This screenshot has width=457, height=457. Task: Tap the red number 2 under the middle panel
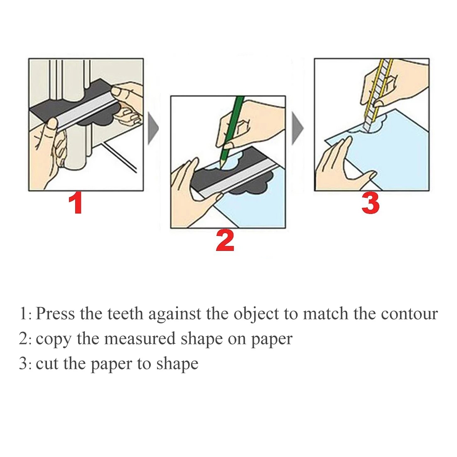[x=225, y=241]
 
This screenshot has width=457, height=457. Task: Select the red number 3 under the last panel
[x=370, y=204]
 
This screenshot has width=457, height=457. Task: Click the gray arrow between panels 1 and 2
[x=153, y=128]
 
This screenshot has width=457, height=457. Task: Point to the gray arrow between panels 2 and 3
[x=297, y=128]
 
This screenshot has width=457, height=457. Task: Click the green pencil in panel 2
[x=231, y=129]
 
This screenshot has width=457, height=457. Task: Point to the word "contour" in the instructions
[x=409, y=314]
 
